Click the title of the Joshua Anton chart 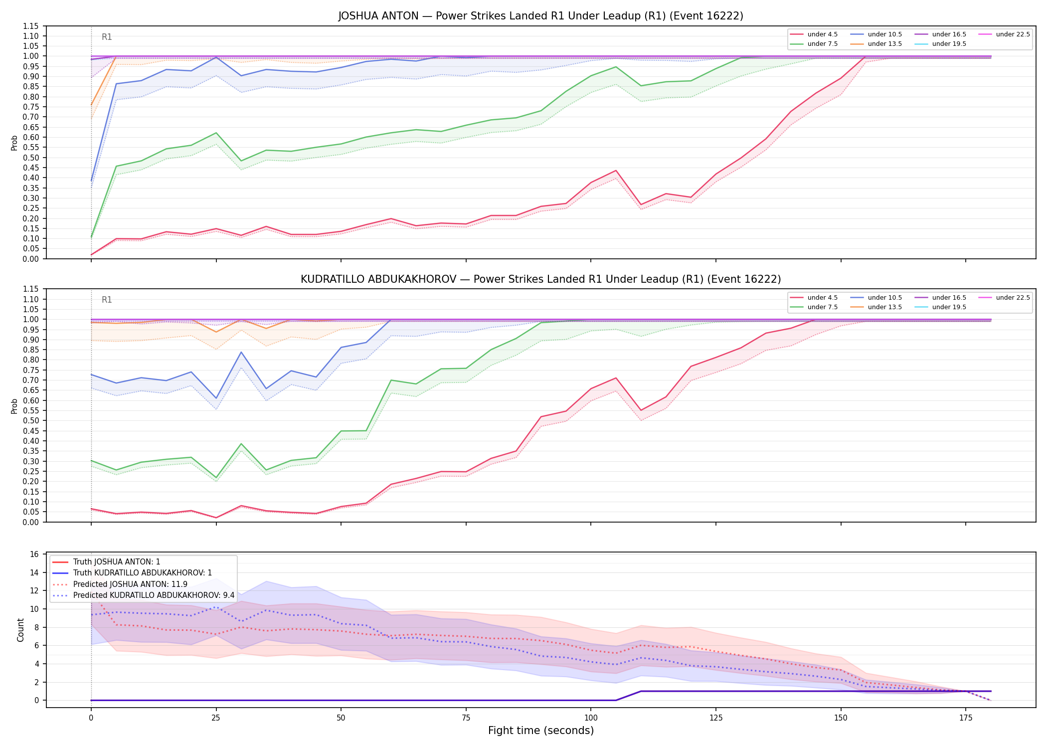(x=540, y=16)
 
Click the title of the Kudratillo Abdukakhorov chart (x=540, y=279)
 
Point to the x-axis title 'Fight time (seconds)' (x=541, y=731)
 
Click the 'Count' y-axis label (x=20, y=630)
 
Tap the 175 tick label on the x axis (x=966, y=718)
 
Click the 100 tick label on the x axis (x=591, y=718)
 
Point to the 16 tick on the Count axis (x=35, y=554)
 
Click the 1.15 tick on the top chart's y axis (x=31, y=26)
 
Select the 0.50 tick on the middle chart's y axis (x=31, y=420)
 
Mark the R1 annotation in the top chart (x=107, y=37)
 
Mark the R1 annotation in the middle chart (x=107, y=300)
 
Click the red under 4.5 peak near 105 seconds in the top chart (x=616, y=171)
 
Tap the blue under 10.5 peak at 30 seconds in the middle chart (x=241, y=352)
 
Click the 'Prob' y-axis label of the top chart (x=14, y=143)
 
